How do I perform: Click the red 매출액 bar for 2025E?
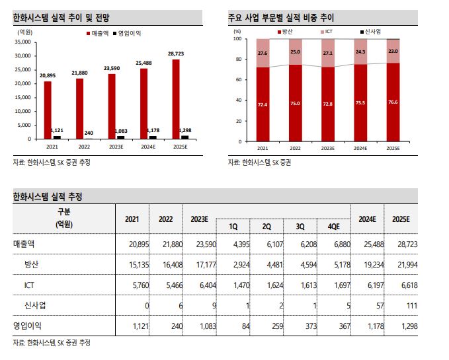(x=175, y=99)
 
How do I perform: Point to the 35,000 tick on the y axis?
(x=22, y=42)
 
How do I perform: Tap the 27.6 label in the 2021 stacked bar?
(x=263, y=53)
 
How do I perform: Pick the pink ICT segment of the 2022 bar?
(x=295, y=52)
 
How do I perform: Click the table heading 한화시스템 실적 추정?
(x=48, y=196)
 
